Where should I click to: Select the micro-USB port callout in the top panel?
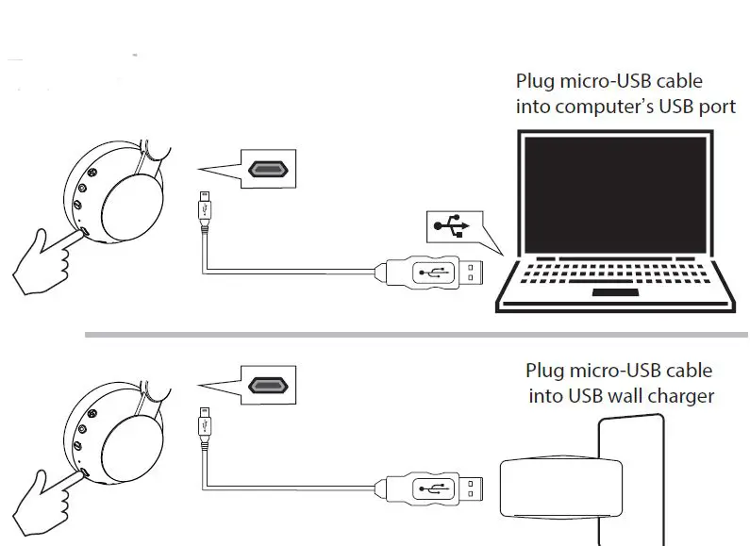point(269,170)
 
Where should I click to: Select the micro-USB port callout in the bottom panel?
point(269,385)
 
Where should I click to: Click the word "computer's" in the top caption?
point(603,107)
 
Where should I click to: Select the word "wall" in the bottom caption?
point(616,396)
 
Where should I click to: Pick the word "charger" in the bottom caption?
point(676,396)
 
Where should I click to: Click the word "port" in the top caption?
point(718,107)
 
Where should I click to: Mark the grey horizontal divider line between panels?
point(415,334)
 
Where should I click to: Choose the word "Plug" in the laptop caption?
point(536,82)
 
